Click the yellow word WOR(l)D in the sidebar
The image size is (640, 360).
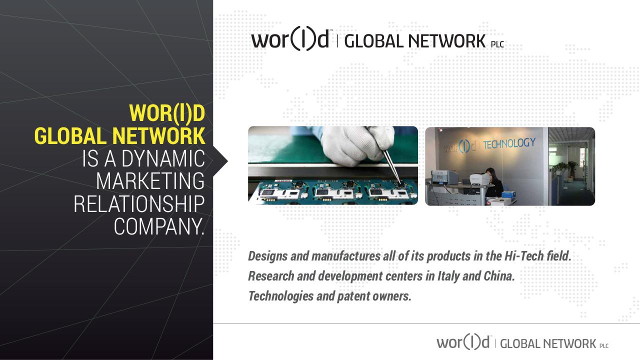pos(167,113)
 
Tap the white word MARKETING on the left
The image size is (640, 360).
pos(150,181)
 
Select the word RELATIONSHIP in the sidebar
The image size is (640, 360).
pos(139,204)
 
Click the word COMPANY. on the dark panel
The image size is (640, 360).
pos(159,226)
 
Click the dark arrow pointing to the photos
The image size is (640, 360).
pos(220,161)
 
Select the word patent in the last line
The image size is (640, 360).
pos(353,296)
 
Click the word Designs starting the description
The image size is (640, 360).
pos(267,256)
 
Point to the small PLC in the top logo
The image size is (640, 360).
pos(497,44)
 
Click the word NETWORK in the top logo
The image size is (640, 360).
pos(446,41)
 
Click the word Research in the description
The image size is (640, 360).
pos(270,276)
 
